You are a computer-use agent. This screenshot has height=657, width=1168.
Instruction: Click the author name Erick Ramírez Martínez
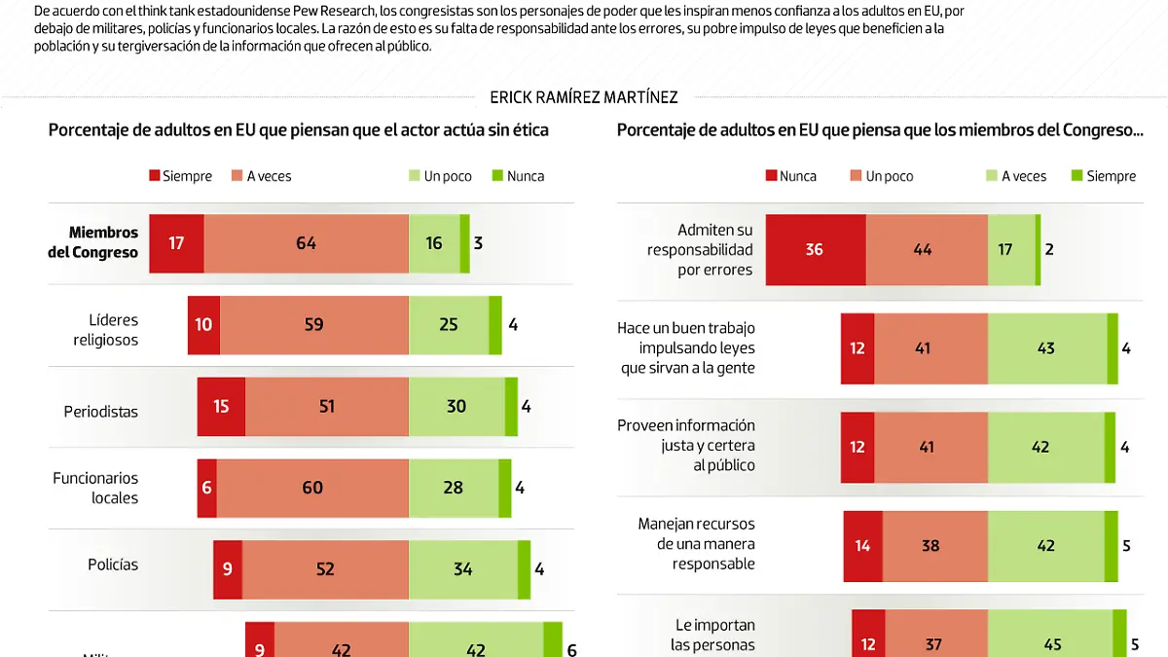tap(584, 97)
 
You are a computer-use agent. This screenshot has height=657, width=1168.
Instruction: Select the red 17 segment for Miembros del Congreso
tap(176, 243)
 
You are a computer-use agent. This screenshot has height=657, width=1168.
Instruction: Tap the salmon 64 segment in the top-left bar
tap(307, 243)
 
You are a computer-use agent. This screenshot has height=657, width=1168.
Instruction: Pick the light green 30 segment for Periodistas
tap(456, 406)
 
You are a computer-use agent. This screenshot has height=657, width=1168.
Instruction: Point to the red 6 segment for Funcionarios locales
tap(206, 487)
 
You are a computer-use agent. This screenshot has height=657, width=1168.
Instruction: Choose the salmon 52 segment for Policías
tap(325, 569)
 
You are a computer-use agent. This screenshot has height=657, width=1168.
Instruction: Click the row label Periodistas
tap(101, 412)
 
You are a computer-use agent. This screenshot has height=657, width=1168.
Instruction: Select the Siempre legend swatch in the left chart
tap(154, 176)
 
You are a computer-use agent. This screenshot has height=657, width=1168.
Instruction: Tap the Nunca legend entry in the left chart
tap(518, 176)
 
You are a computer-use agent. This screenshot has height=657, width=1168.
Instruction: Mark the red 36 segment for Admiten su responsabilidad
tap(815, 249)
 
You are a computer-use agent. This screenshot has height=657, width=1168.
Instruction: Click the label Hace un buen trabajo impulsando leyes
tap(686, 347)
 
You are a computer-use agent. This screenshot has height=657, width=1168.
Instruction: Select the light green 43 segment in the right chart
tap(1046, 348)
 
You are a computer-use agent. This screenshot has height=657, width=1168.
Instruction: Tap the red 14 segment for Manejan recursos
tap(862, 545)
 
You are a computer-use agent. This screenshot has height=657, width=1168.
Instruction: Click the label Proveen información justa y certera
tap(686, 445)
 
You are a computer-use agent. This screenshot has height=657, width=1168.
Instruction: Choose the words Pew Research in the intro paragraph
tap(333, 11)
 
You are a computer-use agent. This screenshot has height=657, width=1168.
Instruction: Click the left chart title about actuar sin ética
tap(299, 129)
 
